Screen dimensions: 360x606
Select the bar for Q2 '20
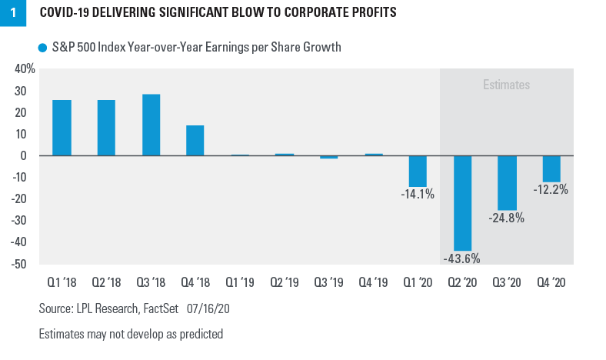463,202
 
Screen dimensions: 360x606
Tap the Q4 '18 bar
195,140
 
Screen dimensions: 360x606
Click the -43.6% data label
462,258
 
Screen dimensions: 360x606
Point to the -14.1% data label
418,194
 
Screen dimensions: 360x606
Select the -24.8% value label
507,218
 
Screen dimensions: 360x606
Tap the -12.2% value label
551,189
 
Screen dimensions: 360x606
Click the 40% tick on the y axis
25,69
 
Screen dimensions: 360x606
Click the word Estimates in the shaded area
506,85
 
